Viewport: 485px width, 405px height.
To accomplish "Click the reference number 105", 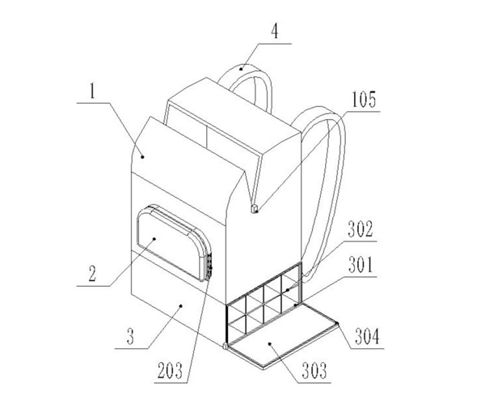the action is (364, 100).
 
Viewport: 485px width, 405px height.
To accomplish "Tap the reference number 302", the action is (361, 229).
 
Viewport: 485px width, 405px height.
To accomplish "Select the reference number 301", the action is (361, 265).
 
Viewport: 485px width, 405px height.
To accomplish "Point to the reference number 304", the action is (367, 336).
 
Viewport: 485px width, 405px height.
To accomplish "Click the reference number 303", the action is (314, 371).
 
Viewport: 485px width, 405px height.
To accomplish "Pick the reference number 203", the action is (170, 370).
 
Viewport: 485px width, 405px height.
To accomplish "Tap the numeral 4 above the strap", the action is (275, 32).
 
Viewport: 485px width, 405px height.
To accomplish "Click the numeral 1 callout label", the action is (92, 92).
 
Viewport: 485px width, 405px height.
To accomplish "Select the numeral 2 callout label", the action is (92, 274).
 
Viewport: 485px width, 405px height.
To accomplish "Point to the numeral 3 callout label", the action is (130, 336).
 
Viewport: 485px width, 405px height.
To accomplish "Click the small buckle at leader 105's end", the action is (255, 209).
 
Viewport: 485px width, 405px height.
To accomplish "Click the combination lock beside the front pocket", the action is (209, 265).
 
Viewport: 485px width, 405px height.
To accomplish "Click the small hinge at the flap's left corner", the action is (225, 347).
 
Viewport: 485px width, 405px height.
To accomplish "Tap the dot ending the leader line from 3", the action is (181, 305).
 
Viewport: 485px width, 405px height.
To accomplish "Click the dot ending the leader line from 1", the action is (142, 157).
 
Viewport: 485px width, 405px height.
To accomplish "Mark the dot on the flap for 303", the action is (270, 343).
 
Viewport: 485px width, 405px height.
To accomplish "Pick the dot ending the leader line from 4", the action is (241, 69).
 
